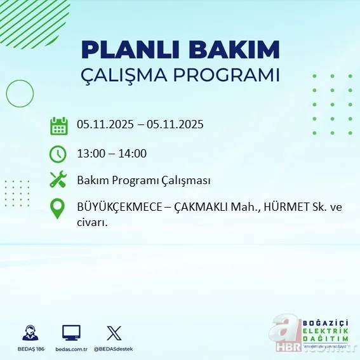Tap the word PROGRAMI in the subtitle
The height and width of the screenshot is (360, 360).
(231, 75)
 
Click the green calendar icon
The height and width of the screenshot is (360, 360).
(58, 125)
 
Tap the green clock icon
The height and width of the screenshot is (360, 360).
(58, 153)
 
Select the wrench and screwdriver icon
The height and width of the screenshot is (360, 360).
(58, 180)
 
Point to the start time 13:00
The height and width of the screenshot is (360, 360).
(91, 153)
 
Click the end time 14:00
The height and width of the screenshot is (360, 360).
(133, 153)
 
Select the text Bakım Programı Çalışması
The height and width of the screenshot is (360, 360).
(143, 181)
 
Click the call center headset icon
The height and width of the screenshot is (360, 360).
(29, 333)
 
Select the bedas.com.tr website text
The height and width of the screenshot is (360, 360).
(71, 349)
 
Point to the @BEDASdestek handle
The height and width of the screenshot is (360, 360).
(114, 349)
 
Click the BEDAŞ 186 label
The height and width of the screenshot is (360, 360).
(29, 349)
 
